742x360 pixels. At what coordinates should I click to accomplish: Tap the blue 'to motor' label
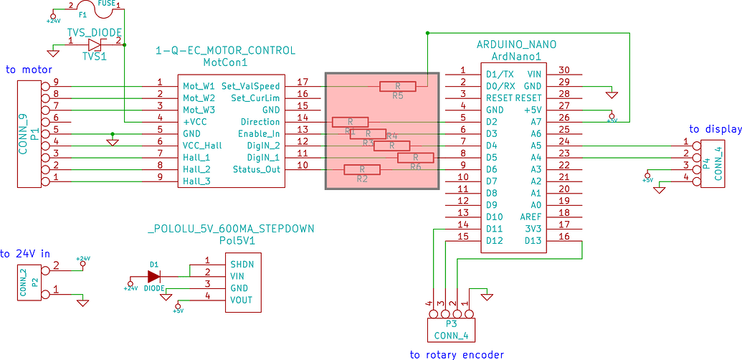(29, 70)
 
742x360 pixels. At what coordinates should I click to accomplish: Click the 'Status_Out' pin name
(256, 169)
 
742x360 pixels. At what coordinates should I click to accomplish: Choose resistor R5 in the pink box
(398, 87)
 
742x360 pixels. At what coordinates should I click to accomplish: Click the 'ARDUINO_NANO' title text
(516, 44)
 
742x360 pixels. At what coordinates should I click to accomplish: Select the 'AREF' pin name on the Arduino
(531, 216)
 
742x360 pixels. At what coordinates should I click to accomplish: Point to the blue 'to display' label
(714, 129)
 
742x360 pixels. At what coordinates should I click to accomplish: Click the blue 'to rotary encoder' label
(457, 354)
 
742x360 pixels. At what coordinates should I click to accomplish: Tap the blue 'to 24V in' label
(26, 253)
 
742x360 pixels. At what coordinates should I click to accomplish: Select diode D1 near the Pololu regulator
(153, 276)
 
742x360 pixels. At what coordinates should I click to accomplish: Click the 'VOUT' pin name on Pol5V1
(240, 300)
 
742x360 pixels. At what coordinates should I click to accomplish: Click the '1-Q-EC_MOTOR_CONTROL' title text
(225, 51)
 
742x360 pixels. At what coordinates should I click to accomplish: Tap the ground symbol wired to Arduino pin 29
(610, 93)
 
